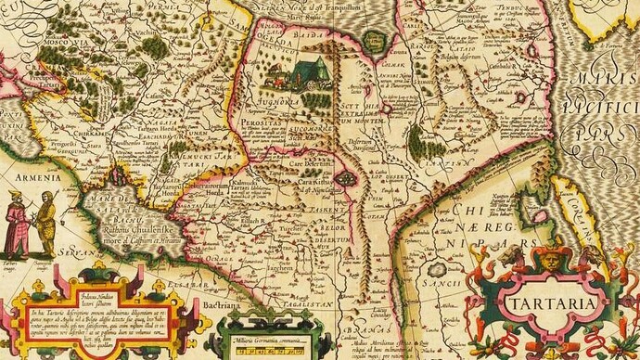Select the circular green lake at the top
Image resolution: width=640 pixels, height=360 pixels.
coord(375,40)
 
